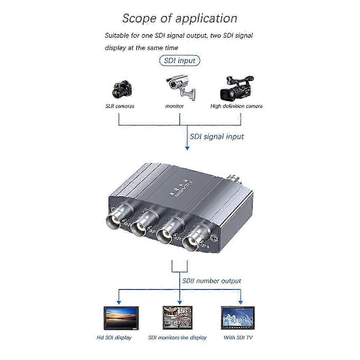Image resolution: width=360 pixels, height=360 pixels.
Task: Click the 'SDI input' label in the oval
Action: click(x=179, y=61)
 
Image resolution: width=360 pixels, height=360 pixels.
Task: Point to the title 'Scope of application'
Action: click(x=179, y=19)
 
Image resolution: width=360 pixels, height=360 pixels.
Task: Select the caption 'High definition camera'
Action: click(x=236, y=106)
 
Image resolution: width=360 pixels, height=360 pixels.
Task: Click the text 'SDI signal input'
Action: click(x=217, y=136)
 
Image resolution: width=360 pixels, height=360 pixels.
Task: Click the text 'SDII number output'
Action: click(x=211, y=280)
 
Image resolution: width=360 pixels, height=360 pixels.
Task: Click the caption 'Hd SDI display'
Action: click(x=113, y=338)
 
